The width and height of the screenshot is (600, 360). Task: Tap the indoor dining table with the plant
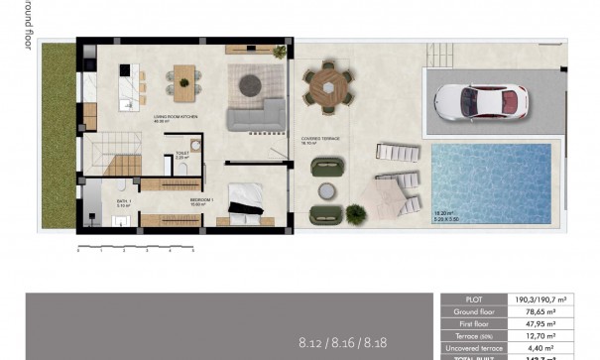[x=185, y=79]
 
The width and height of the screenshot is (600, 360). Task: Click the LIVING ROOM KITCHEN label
[x=176, y=118]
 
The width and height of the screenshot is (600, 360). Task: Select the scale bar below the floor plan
[x=135, y=244]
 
